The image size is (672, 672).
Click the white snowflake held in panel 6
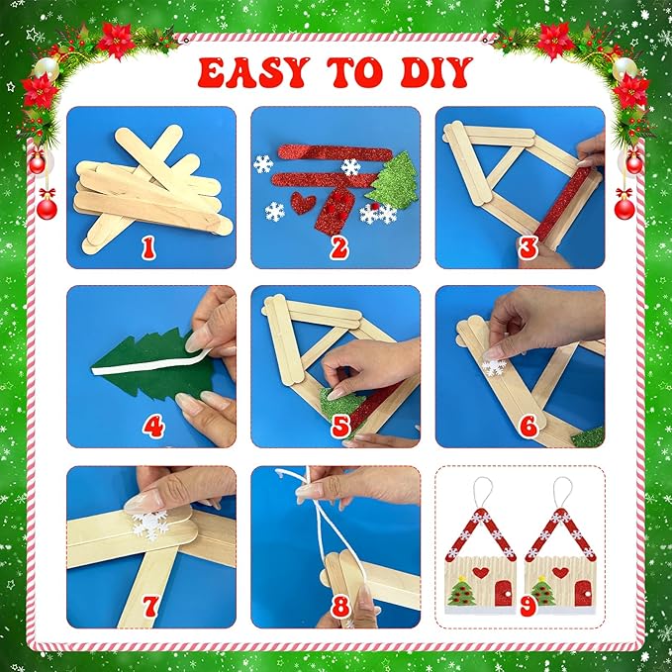494,367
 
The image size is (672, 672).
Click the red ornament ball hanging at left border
47,207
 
